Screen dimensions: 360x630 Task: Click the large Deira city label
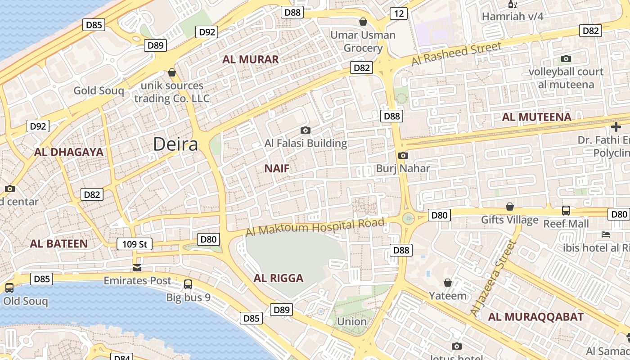(175, 144)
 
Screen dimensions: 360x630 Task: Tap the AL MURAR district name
(251, 59)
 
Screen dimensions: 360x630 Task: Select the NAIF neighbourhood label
(277, 169)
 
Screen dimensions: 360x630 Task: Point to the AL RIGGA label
(279, 278)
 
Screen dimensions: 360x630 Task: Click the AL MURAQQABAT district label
(535, 317)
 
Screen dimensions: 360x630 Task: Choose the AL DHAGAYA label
(69, 152)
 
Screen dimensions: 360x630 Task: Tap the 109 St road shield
(135, 244)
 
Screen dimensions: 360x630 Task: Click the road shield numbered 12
(399, 13)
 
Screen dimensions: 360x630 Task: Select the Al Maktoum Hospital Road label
(315, 226)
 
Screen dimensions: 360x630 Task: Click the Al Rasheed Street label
(456, 54)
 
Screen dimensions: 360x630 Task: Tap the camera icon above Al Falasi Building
(306, 130)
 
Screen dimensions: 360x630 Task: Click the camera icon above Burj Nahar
(403, 156)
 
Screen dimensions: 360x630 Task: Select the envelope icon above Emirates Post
(137, 268)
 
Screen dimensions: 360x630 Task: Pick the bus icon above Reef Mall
(566, 211)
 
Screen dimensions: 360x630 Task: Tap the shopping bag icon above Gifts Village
(510, 207)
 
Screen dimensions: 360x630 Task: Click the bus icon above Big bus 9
(188, 284)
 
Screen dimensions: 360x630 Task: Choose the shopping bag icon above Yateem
(448, 283)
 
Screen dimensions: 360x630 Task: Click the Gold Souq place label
(99, 90)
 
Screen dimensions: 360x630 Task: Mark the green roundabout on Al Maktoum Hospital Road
(408, 219)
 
